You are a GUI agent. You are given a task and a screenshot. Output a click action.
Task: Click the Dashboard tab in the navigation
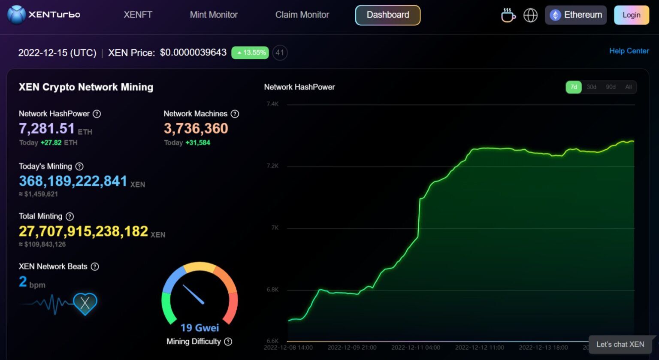(x=387, y=15)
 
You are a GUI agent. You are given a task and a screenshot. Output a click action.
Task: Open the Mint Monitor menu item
(x=214, y=15)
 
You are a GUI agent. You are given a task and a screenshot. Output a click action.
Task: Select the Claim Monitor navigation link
(x=302, y=15)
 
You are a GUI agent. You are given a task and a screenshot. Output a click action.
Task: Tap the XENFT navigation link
(x=138, y=15)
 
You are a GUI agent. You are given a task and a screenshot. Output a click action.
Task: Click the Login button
(x=631, y=15)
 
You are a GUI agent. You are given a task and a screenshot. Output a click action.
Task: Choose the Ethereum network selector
(x=575, y=15)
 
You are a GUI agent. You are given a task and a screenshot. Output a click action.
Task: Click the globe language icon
(x=530, y=15)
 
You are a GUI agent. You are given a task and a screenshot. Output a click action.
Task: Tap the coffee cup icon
(x=508, y=15)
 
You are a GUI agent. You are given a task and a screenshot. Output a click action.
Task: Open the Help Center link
(x=629, y=51)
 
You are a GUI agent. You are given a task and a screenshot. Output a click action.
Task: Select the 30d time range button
(x=591, y=87)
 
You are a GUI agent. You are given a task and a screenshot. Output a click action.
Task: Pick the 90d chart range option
(x=611, y=87)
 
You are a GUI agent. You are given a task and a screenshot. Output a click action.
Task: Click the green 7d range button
(x=574, y=87)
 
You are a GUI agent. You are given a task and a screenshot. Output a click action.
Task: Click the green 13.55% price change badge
(x=250, y=53)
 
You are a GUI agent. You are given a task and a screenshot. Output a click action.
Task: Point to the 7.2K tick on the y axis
(x=272, y=166)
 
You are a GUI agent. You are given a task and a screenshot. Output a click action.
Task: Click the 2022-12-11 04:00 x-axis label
(x=416, y=348)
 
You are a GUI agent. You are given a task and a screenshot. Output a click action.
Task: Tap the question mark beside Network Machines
(x=235, y=114)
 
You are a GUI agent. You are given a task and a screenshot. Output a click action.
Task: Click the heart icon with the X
(x=85, y=303)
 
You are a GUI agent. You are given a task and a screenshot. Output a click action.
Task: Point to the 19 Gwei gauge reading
(x=200, y=328)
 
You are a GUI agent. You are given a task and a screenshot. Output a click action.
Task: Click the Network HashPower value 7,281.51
(x=47, y=128)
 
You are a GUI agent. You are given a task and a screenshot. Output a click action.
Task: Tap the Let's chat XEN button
(x=620, y=344)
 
